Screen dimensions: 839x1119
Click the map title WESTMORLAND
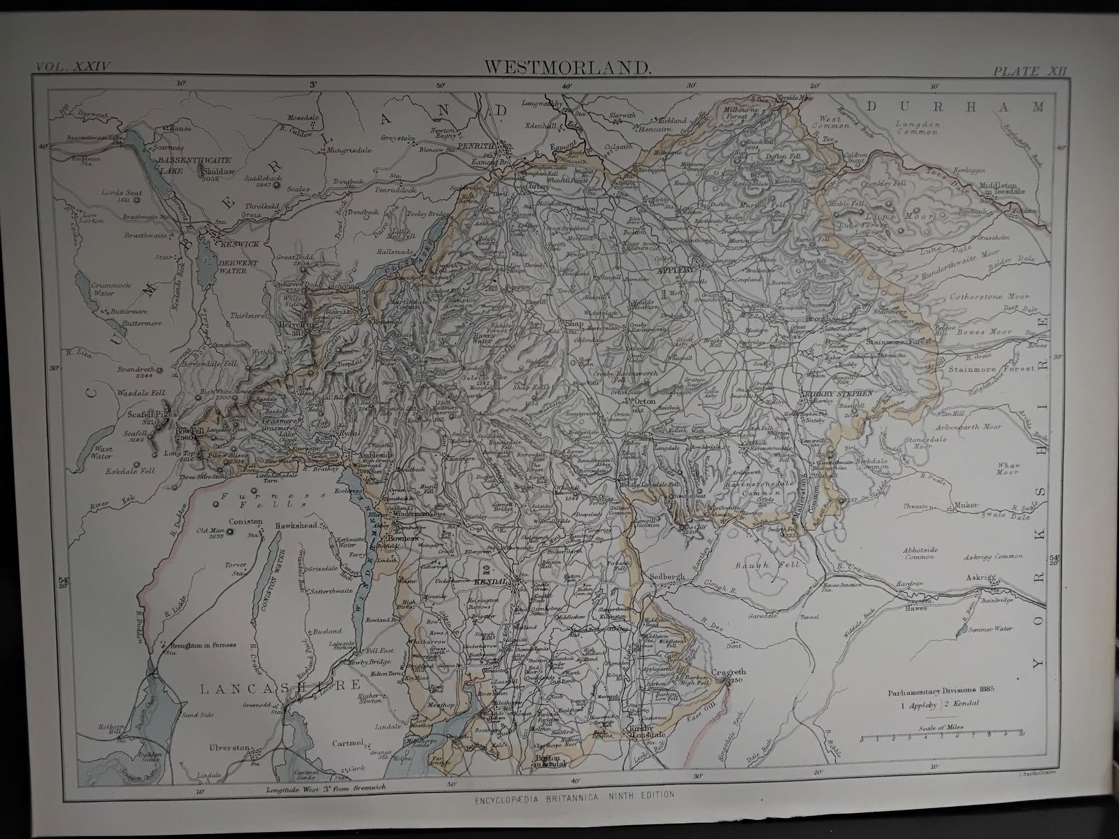point(567,68)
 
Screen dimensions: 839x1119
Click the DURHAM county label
point(955,106)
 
